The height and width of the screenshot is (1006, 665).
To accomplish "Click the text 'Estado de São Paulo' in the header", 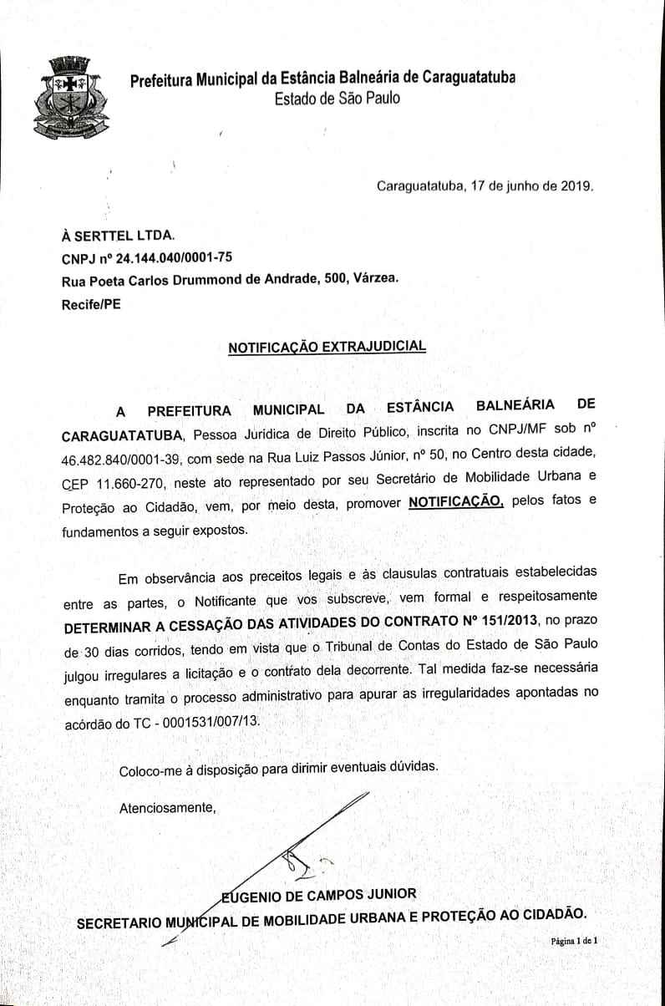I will click(x=337, y=99).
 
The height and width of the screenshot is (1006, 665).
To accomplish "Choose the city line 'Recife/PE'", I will click(x=91, y=304).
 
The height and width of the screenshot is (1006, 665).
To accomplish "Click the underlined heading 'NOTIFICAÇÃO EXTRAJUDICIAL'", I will click(x=327, y=346).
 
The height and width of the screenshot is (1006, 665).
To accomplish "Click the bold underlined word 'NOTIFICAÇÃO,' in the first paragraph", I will click(x=455, y=503).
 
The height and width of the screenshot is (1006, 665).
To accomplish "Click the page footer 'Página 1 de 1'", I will click(x=574, y=941).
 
